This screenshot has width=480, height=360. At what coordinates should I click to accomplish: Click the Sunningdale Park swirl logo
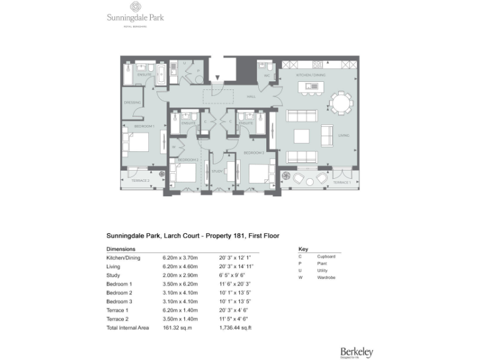[134, 7]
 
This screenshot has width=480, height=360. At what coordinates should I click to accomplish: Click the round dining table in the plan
[341, 103]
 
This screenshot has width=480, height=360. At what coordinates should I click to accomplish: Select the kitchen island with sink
[310, 86]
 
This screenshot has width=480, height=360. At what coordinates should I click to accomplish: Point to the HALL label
[251, 97]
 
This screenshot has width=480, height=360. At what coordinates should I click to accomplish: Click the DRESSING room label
[132, 102]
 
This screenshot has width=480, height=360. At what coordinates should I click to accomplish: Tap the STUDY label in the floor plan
[217, 171]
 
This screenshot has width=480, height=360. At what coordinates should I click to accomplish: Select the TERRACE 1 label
[341, 182]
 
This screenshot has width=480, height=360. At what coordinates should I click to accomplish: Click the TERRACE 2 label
[140, 181]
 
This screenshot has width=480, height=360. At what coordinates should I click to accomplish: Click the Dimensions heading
[121, 248]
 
